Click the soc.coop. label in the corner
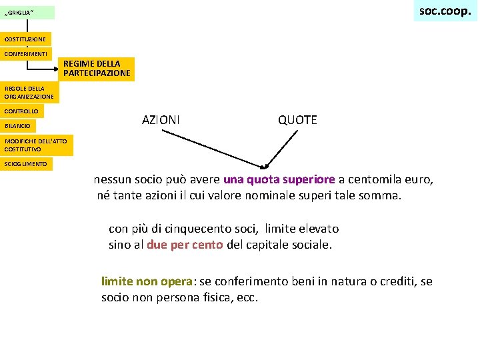pyautogui.click(x=445, y=11)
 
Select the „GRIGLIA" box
pyautogui.click(x=27, y=13)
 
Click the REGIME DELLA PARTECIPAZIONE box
pyautogui.click(x=97, y=69)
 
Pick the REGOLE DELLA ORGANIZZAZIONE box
pyautogui.click(x=29, y=92)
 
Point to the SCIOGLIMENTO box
pyautogui.click(x=26, y=163)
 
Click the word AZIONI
pyautogui.click(x=161, y=120)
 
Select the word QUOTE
pyautogui.click(x=297, y=120)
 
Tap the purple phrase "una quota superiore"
pyautogui.click(x=279, y=179)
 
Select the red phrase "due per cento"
pyautogui.click(x=185, y=245)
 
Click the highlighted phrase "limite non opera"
pyautogui.click(x=147, y=281)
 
